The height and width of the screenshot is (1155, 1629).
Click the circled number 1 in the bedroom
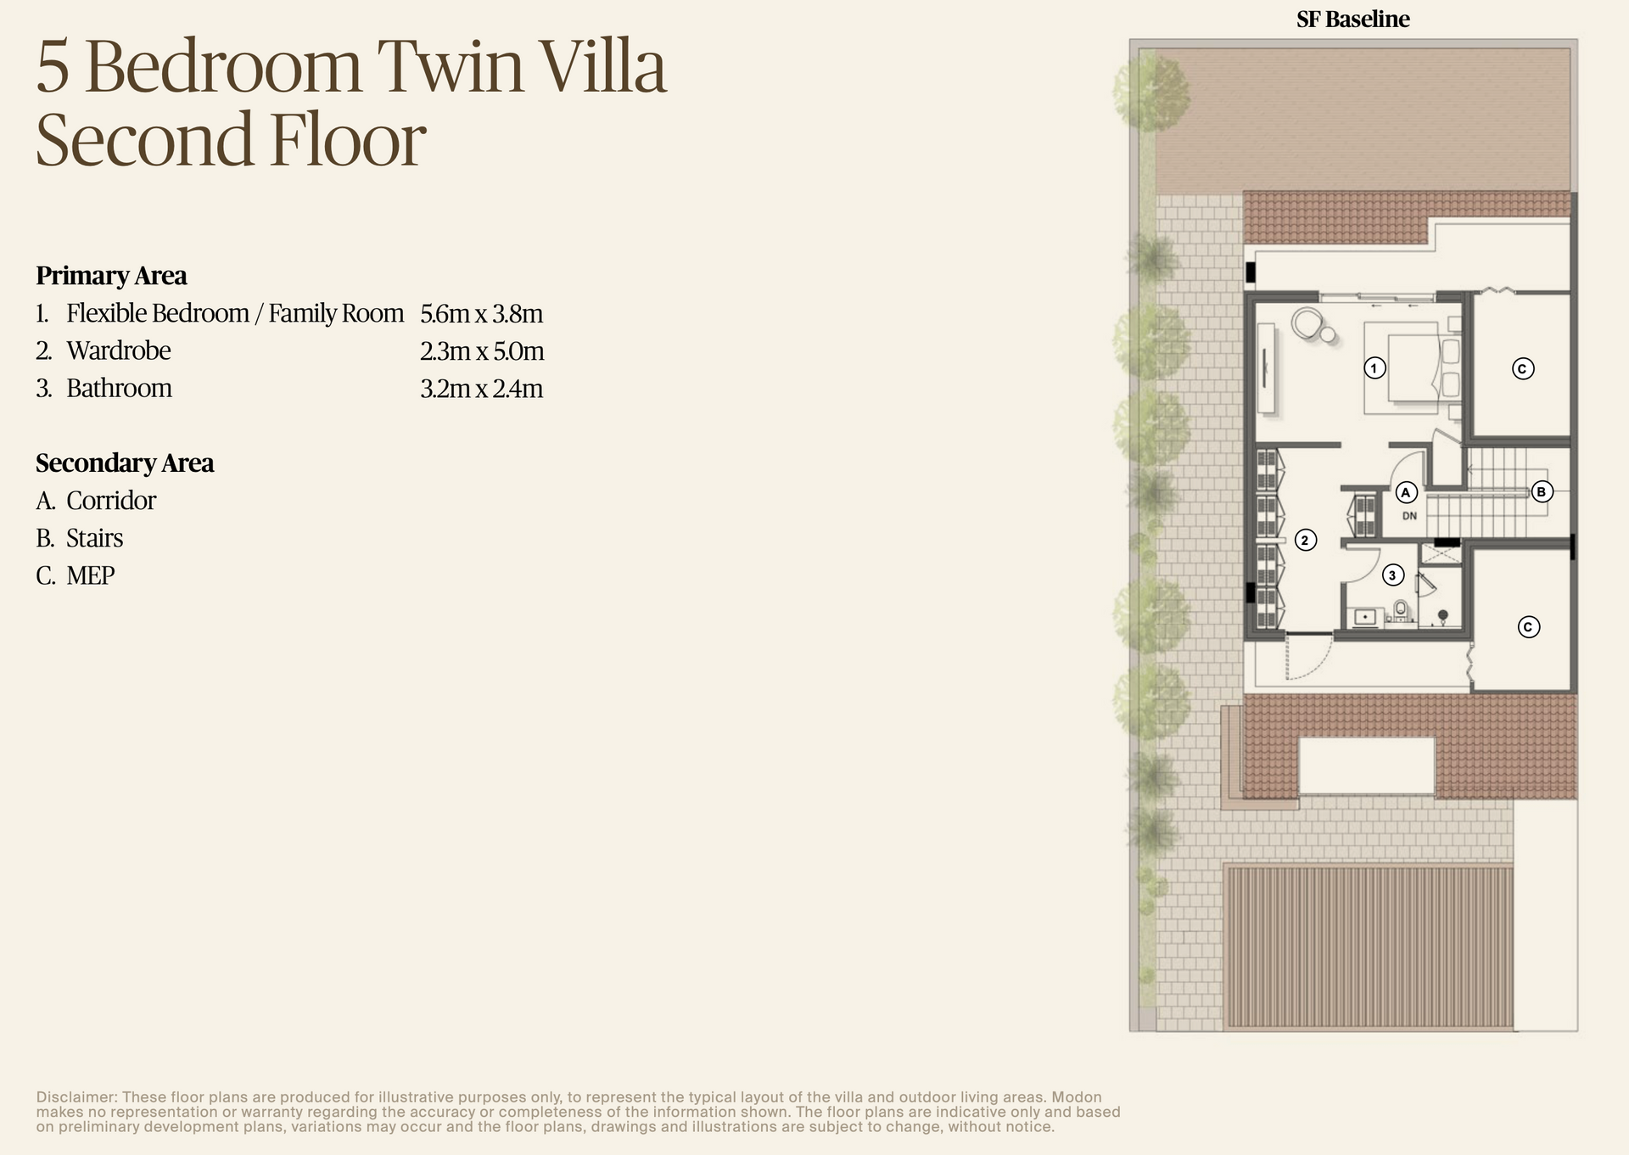[1374, 368]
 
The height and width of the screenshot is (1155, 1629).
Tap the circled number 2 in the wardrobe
[1306, 540]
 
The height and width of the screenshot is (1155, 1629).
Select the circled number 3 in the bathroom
[1392, 575]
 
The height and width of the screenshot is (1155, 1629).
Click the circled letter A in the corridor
[1406, 492]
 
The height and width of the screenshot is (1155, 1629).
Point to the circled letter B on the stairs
[1542, 491]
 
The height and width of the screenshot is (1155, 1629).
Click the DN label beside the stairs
[1409, 516]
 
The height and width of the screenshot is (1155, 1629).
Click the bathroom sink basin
[1365, 616]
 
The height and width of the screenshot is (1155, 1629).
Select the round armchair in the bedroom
[1307, 322]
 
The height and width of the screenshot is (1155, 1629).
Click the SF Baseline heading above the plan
[1352, 20]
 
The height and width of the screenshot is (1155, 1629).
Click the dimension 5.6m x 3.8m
[481, 314]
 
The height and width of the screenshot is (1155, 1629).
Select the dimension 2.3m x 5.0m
[482, 351]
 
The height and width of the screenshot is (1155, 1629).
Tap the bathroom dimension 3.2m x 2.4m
[481, 389]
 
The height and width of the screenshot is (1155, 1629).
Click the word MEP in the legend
[90, 575]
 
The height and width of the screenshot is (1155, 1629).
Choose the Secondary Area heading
[125, 463]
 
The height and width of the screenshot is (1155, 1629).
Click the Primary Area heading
[111, 276]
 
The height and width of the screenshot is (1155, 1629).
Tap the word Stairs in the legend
[94, 538]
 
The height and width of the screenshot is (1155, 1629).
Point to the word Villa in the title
[603, 68]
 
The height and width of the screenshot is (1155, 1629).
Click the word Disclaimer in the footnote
[76, 1097]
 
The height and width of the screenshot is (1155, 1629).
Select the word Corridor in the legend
[111, 501]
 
